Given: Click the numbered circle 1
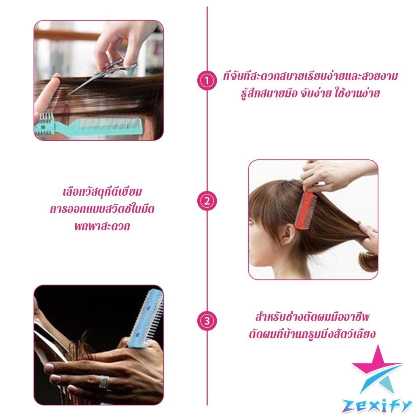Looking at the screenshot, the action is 207,80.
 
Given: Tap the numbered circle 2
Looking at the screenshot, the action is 207,201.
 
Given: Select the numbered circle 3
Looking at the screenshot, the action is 207,321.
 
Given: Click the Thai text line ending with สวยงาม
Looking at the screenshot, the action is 310,76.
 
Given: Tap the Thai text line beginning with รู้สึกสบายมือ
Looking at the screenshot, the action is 310,93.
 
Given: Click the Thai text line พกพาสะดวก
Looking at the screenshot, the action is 102,226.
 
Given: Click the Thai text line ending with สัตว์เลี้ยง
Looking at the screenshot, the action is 312,334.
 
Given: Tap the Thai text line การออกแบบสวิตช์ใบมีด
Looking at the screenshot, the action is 102,209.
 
